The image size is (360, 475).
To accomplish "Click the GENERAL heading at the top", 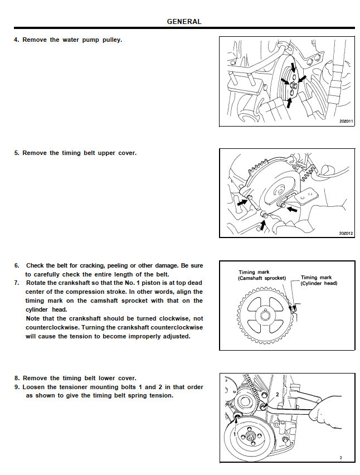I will coord(184,22).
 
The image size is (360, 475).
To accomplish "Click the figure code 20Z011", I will coord(346,121).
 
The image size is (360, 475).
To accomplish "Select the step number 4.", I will coord(16,40).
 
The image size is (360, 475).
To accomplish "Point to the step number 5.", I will coord(16,153).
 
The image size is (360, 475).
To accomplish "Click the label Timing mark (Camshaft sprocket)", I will coord(262,275).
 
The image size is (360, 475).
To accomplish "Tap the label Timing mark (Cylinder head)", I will coord(319,280).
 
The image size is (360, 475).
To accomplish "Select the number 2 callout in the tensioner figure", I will coord(277,394).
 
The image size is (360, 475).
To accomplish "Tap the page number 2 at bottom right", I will coord(340,458).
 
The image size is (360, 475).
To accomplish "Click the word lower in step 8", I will coord(109,378).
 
